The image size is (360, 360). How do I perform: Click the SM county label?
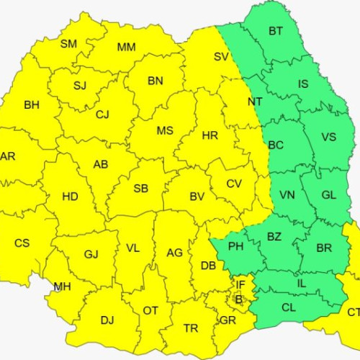click(68, 44)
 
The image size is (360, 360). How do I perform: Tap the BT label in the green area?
click(276, 31)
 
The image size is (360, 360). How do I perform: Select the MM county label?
click(127, 48)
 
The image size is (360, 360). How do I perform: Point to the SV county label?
click(221, 57)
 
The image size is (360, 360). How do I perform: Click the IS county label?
click(303, 84)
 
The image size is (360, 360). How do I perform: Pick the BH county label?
click(32, 105)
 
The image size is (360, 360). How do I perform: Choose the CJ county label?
click(102, 114)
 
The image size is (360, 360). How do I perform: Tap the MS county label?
click(166, 130)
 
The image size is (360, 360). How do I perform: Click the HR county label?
click(210, 135)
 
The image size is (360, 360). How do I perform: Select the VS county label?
click(328, 138)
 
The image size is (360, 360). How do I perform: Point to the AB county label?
click(101, 164)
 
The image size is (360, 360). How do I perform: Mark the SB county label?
click(141, 189)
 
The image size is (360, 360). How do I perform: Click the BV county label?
click(197, 196)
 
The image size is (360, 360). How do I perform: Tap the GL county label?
click(329, 195)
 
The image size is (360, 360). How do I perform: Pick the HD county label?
click(71, 196)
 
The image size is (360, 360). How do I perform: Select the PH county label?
click(236, 247)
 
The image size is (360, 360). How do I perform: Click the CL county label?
click(288, 307)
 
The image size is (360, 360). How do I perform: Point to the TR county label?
click(191, 328)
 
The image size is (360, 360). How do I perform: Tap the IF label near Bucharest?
click(241, 286)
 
